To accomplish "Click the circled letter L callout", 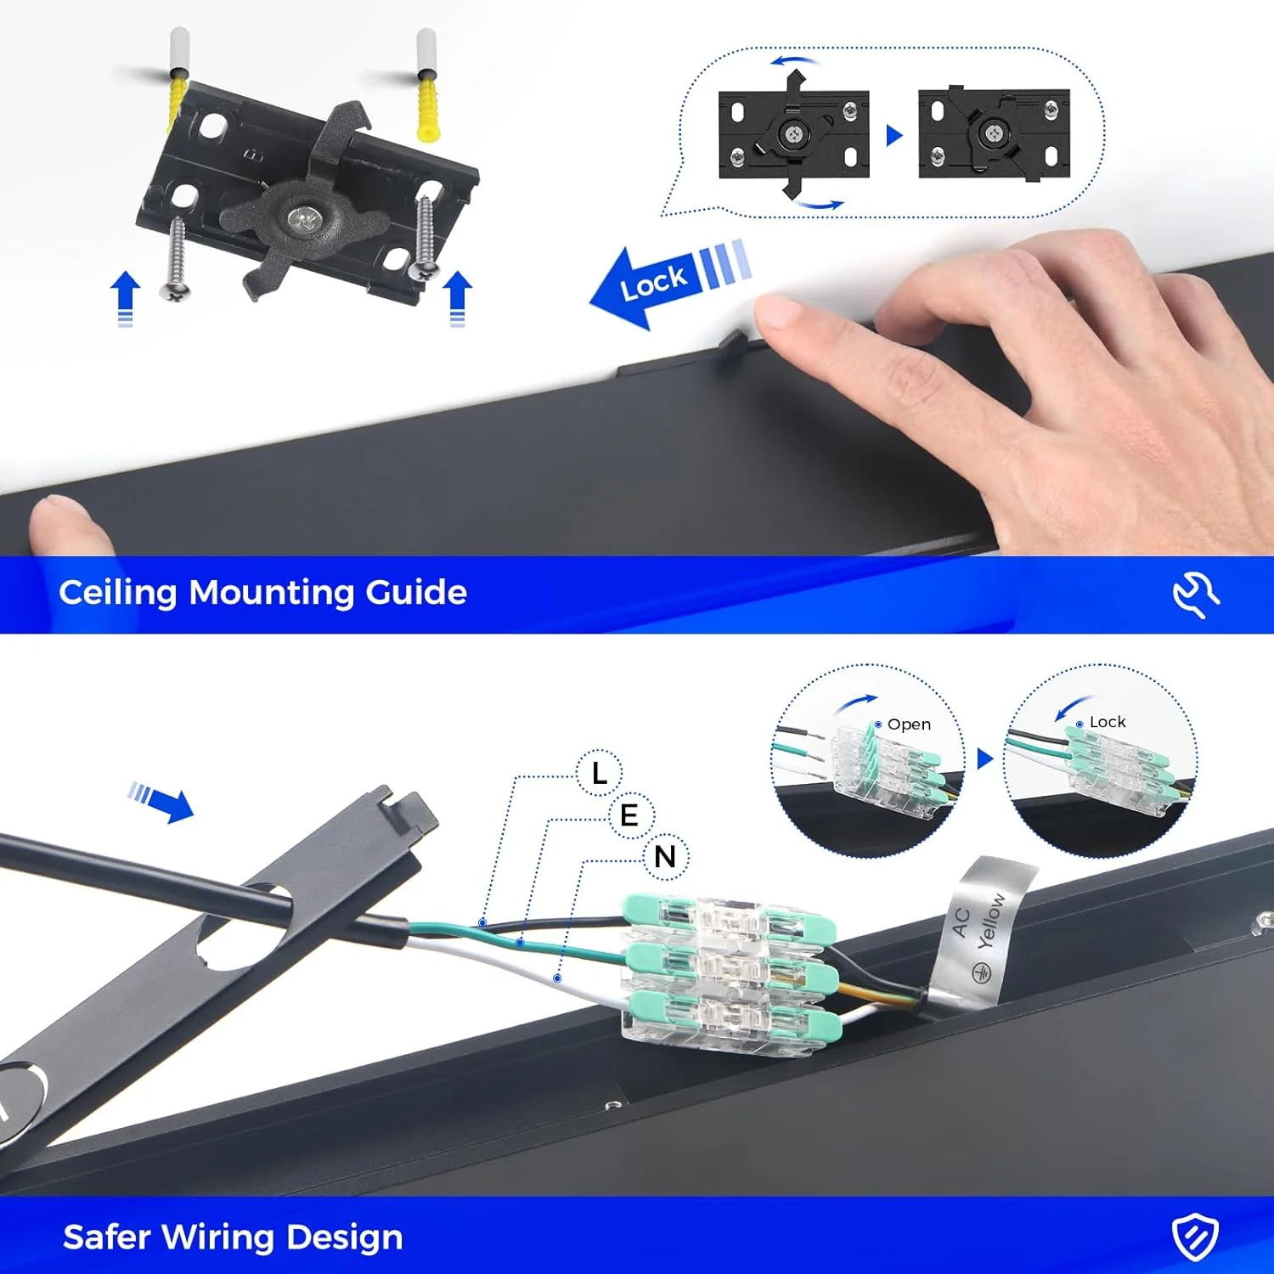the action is coord(600,773).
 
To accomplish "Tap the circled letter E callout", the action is coord(629,815).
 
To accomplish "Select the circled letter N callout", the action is coord(666,856).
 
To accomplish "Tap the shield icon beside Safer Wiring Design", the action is coord(1196,1237).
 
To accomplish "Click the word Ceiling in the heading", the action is coord(118,593).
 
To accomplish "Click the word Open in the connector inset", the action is coord(909,724).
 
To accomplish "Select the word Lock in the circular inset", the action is coord(1108,722).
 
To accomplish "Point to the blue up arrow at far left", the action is coord(125,298).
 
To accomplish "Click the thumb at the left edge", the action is coord(68,527).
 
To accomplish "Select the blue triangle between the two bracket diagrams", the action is coord(893,135).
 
